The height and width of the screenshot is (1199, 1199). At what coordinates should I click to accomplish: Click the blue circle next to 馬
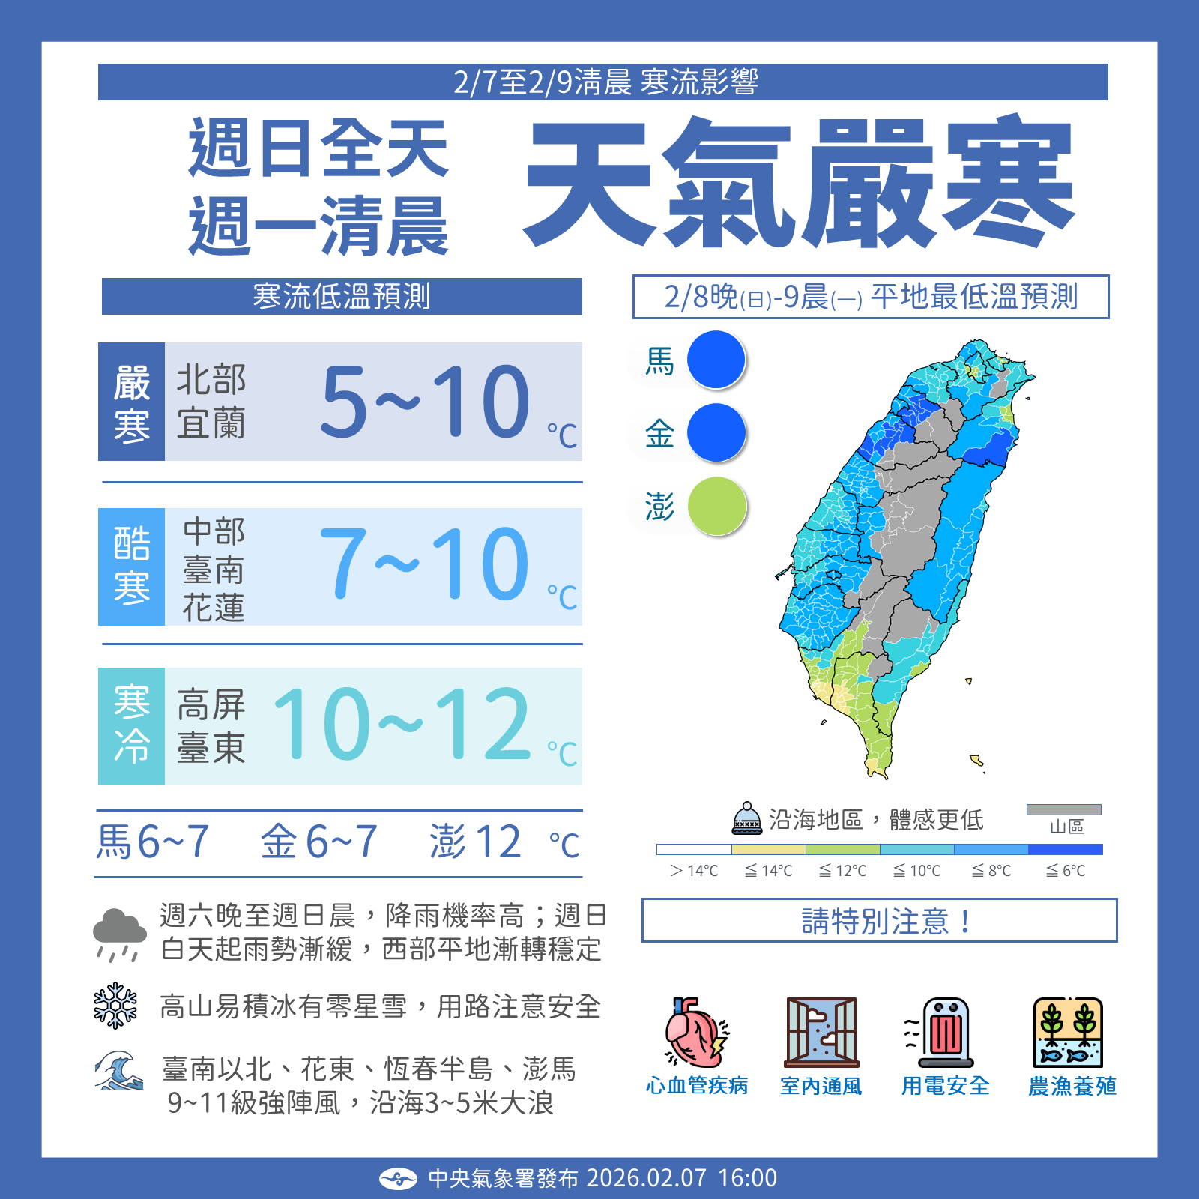(716, 360)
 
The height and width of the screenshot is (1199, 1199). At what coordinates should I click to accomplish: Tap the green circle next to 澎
(717, 506)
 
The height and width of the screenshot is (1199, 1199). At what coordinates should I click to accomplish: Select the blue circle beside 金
(716, 432)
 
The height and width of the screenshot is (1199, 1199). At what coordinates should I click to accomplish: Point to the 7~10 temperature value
(425, 564)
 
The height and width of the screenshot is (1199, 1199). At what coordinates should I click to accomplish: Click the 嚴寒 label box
(132, 402)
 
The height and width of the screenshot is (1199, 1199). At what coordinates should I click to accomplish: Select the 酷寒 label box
(132, 567)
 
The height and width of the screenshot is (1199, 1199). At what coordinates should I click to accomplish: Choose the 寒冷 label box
(132, 726)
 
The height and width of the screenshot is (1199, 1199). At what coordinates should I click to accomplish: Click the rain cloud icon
(119, 934)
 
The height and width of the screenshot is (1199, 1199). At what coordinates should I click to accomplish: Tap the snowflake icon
(115, 1006)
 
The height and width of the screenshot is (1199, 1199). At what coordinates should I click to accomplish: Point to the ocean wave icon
(118, 1070)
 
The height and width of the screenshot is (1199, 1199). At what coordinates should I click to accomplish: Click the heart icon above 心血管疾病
(696, 1033)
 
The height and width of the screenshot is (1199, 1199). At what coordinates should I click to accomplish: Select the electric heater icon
(943, 1033)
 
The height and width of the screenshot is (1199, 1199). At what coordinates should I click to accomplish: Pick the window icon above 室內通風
(821, 1033)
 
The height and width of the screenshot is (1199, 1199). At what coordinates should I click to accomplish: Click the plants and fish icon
(1068, 1033)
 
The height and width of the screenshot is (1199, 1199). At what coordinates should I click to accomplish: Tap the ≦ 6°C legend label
(1066, 871)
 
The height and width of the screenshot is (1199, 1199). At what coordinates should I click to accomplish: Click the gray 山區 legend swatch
(1064, 809)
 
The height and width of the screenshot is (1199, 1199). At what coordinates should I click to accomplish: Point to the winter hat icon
(747, 818)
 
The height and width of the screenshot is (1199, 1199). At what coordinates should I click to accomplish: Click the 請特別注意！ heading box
(879, 920)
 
